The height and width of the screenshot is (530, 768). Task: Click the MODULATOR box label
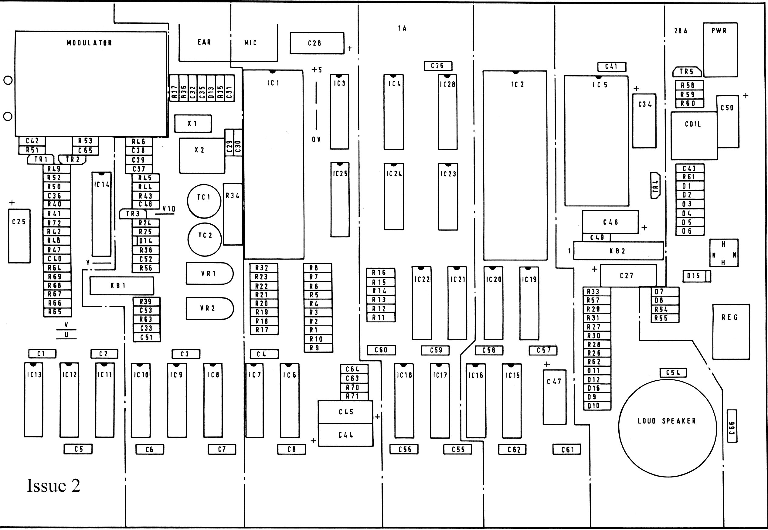pos(89,43)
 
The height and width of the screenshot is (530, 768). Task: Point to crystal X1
pos(193,124)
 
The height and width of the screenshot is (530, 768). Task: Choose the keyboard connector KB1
pos(122,286)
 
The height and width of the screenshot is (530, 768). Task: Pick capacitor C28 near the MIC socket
pos(317,43)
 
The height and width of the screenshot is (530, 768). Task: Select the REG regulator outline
pos(731,332)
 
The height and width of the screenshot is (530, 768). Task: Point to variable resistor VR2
pos(209,308)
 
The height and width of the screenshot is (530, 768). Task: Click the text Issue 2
pos(53,485)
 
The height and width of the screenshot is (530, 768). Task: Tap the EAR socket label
pos(204,42)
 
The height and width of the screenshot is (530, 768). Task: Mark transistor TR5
pos(687,72)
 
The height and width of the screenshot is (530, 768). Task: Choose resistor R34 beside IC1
pos(233,214)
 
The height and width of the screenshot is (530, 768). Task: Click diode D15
pos(697,276)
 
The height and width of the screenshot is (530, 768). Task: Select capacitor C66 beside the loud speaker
pos(732,426)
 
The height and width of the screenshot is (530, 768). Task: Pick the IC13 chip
pos(33,400)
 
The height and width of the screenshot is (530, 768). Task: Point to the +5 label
pos(317,70)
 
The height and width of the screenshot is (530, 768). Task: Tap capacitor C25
pos(19,236)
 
